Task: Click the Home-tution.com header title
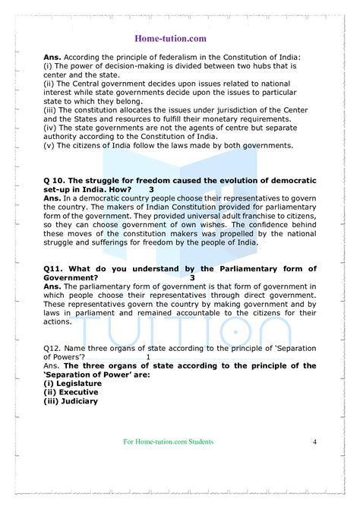179,36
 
